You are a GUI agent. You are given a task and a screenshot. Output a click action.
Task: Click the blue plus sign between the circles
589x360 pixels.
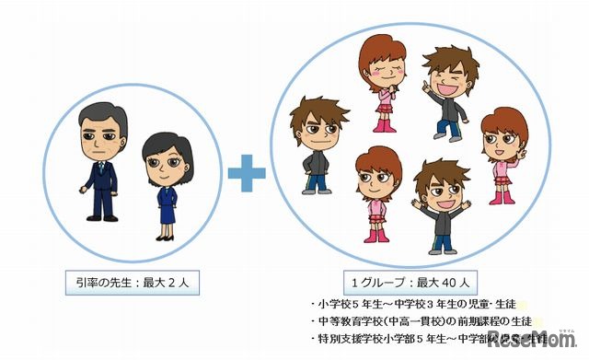246,174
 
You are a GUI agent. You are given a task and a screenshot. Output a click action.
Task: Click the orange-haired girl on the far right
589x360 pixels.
505,152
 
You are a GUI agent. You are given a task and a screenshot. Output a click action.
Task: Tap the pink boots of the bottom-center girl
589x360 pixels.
376,233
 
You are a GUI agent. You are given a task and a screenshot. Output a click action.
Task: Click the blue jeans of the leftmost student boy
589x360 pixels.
316,182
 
